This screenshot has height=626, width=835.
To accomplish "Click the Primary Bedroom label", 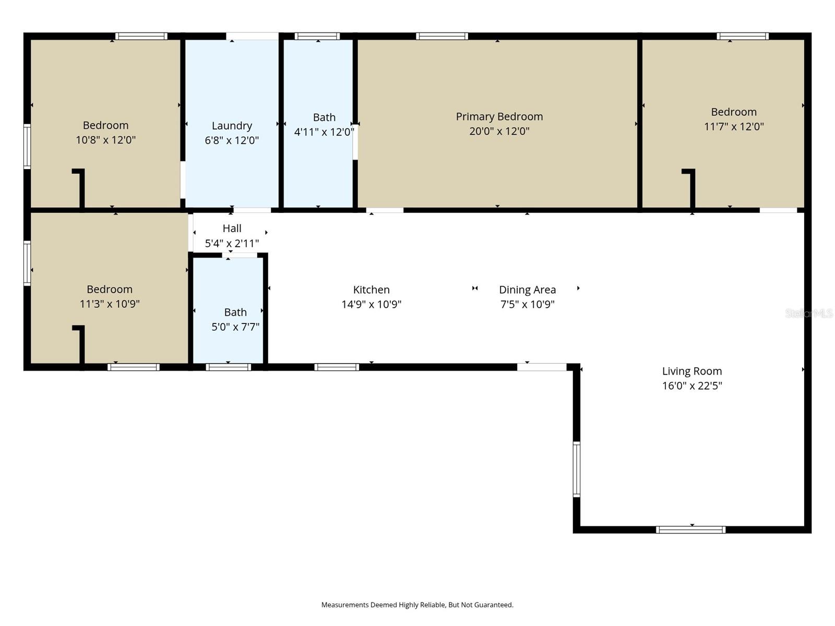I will (499, 116).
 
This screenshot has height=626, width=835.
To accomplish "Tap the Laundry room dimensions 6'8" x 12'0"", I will (232, 140).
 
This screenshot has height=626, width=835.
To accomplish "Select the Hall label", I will (232, 228).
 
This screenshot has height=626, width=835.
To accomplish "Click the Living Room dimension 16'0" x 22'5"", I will (692, 386).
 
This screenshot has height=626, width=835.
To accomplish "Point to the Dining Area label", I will (527, 290).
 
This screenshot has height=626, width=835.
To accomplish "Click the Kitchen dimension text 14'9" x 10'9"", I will (371, 304).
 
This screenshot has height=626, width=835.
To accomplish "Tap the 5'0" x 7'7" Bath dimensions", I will (235, 327).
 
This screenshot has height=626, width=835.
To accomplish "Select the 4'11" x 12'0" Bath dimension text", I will (324, 132).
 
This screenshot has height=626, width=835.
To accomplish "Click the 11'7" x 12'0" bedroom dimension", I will (734, 126).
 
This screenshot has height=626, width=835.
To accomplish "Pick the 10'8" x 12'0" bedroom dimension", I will (105, 140).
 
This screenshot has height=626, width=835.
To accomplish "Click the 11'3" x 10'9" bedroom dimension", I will (110, 304).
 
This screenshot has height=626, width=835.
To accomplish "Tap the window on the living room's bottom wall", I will (690, 529).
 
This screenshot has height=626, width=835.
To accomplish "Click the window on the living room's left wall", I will (577, 469).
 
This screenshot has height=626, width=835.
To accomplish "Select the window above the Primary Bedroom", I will (442, 37).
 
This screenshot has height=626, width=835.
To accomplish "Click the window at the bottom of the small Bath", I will (228, 367).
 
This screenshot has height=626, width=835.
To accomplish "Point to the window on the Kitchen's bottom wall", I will (337, 367).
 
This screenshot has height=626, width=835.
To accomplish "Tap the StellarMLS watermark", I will (809, 313).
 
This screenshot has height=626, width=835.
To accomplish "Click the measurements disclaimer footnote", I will (417, 605).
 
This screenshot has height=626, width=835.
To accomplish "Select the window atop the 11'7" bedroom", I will (742, 37).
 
